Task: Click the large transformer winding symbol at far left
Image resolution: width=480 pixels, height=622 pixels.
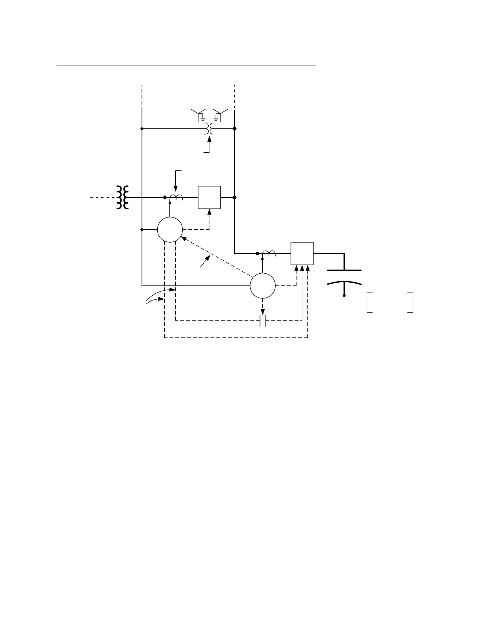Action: click(x=122, y=197)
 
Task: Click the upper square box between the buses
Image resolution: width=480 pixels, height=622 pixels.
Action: click(x=209, y=197)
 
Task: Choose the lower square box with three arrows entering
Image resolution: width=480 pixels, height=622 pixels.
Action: click(x=302, y=254)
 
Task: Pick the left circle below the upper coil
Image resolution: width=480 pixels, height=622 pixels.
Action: click(x=170, y=230)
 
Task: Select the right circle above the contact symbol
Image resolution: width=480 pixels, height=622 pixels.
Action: click(x=263, y=286)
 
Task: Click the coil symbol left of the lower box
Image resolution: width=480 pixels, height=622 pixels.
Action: click(x=269, y=253)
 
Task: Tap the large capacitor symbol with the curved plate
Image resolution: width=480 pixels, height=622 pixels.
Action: click(x=344, y=276)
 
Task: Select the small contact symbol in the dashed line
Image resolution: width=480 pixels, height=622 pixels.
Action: click(x=263, y=321)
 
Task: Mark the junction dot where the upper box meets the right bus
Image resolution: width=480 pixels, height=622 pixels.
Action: click(x=235, y=197)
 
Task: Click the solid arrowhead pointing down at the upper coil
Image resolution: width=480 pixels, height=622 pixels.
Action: click(x=175, y=190)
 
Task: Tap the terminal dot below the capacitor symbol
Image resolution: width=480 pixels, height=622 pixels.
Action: click(x=344, y=295)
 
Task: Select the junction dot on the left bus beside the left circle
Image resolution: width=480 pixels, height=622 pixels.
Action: click(x=142, y=230)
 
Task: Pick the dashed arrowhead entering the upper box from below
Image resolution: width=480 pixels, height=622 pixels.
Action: click(x=209, y=212)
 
